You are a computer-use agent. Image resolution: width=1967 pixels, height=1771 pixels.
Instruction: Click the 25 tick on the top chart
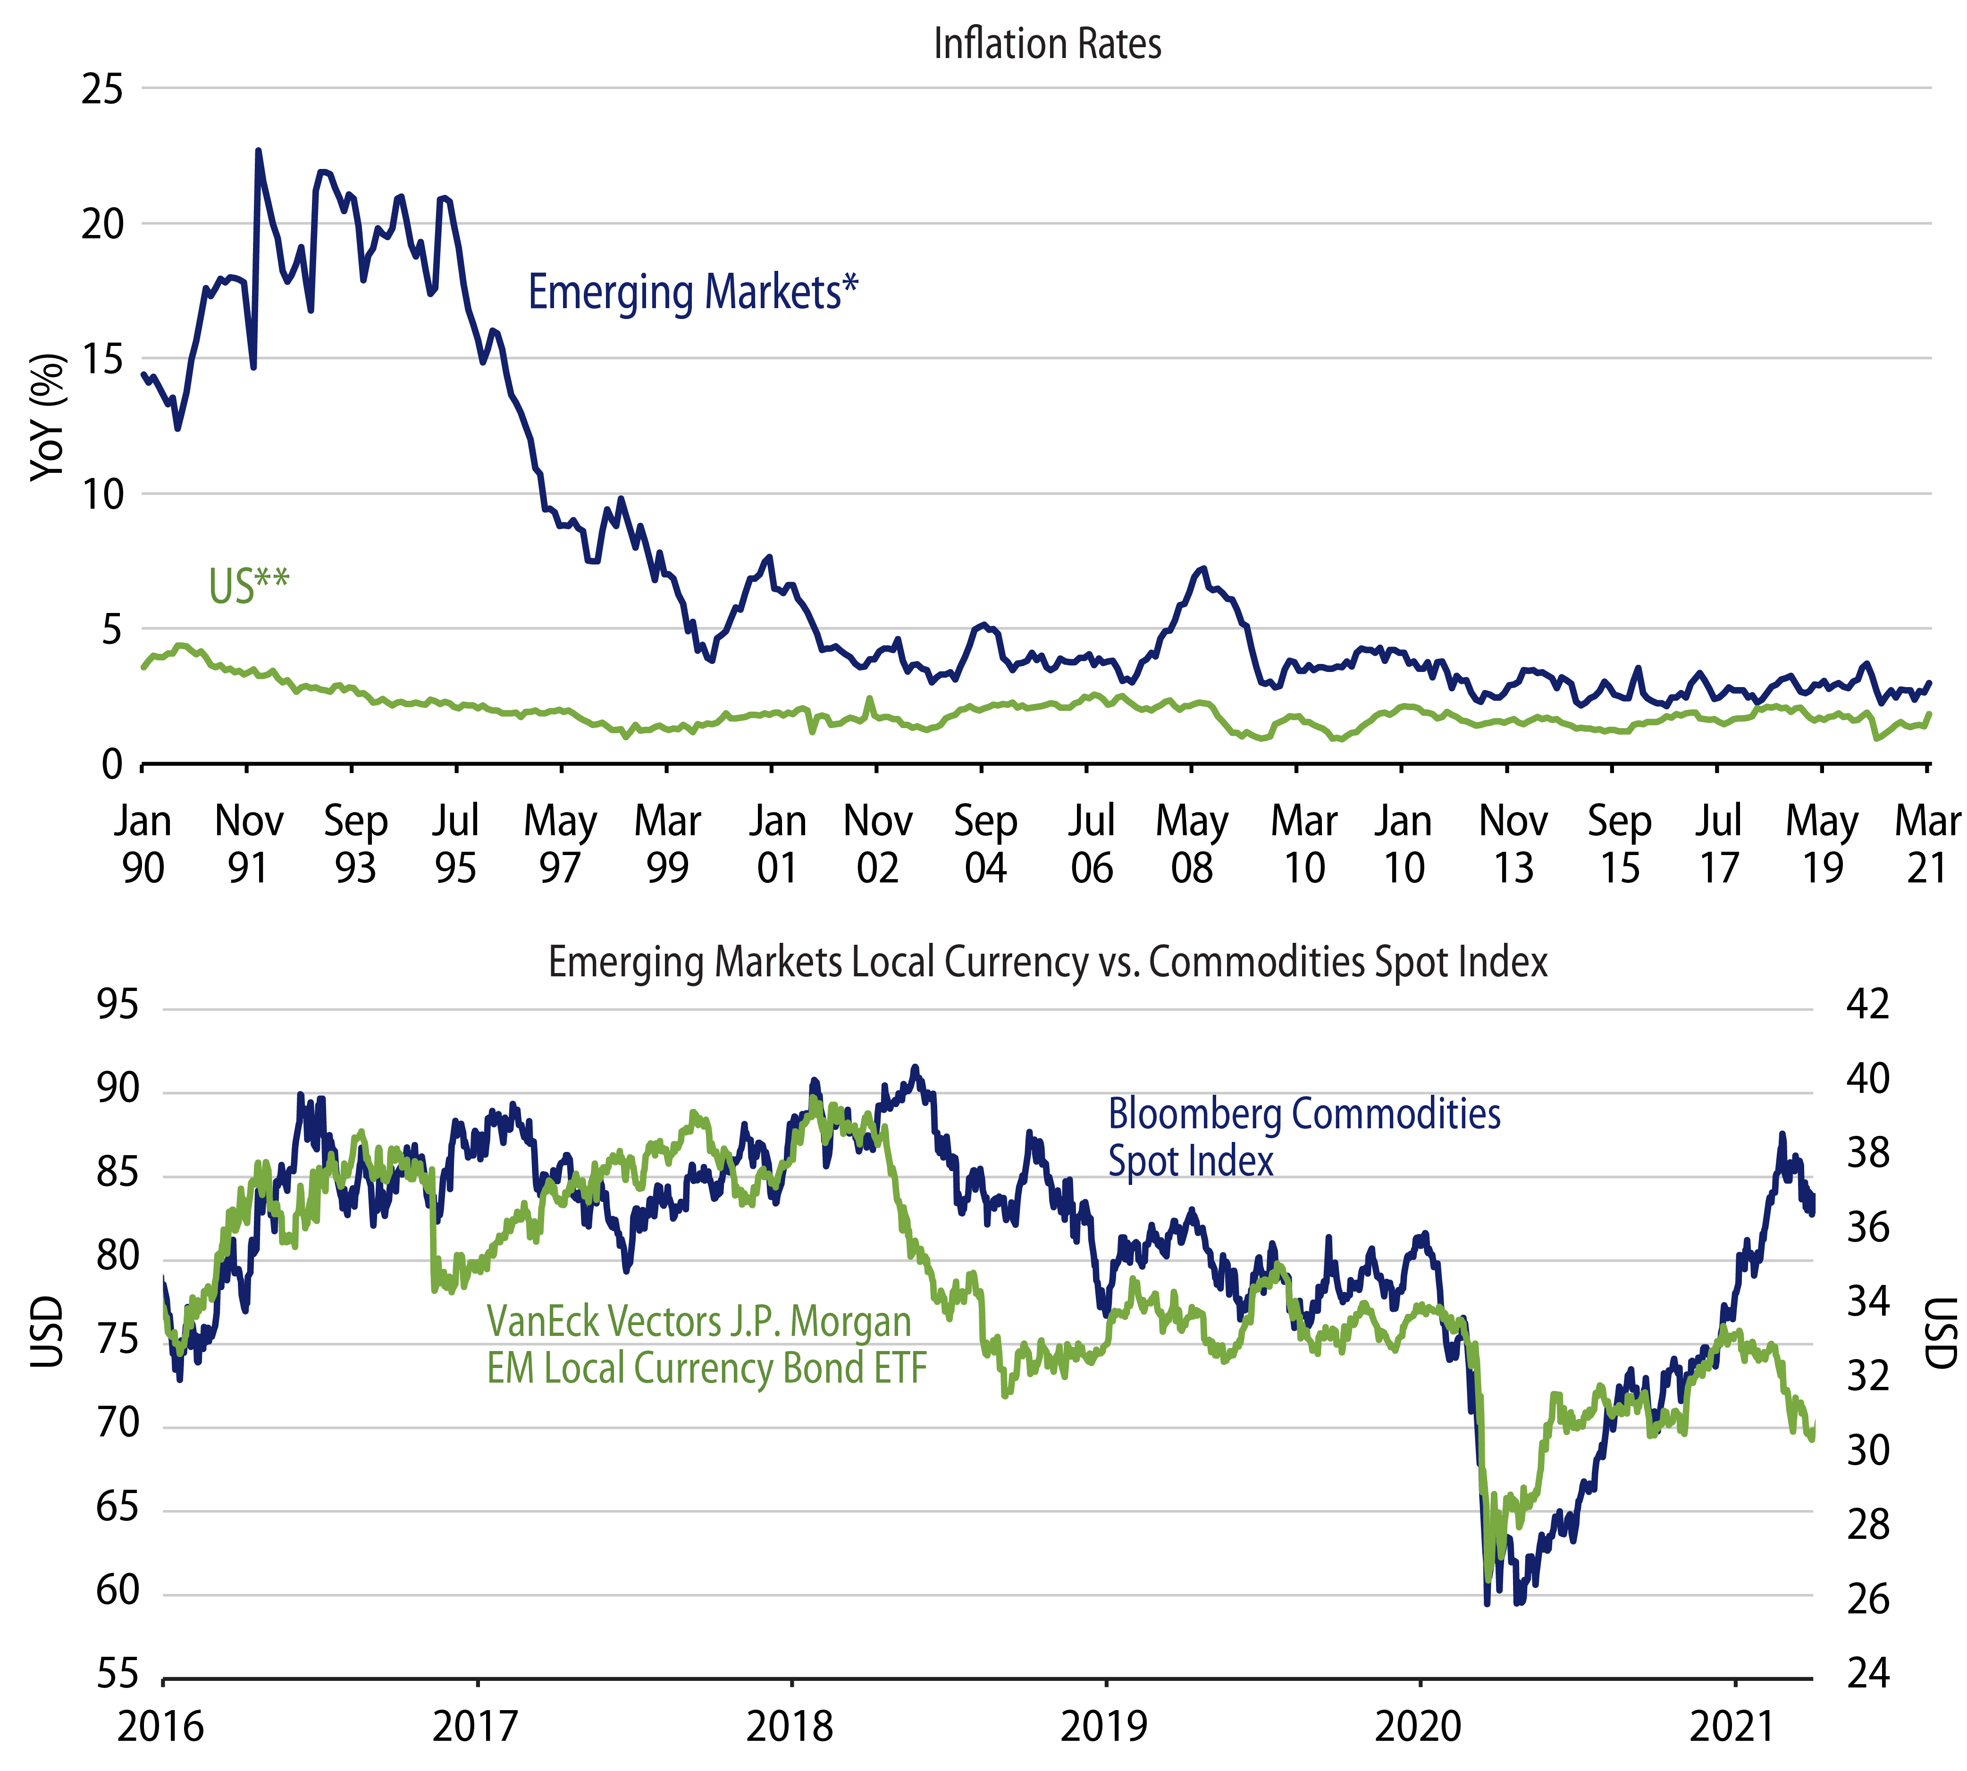point(102,90)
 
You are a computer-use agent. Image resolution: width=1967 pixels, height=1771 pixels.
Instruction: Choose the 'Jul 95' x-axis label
point(455,844)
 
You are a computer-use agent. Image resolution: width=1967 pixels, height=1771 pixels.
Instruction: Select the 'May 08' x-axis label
point(1191,844)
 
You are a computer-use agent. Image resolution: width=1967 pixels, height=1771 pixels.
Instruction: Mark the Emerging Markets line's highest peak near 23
point(258,151)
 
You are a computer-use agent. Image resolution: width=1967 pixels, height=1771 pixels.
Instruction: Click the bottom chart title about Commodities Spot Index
point(1047,961)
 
